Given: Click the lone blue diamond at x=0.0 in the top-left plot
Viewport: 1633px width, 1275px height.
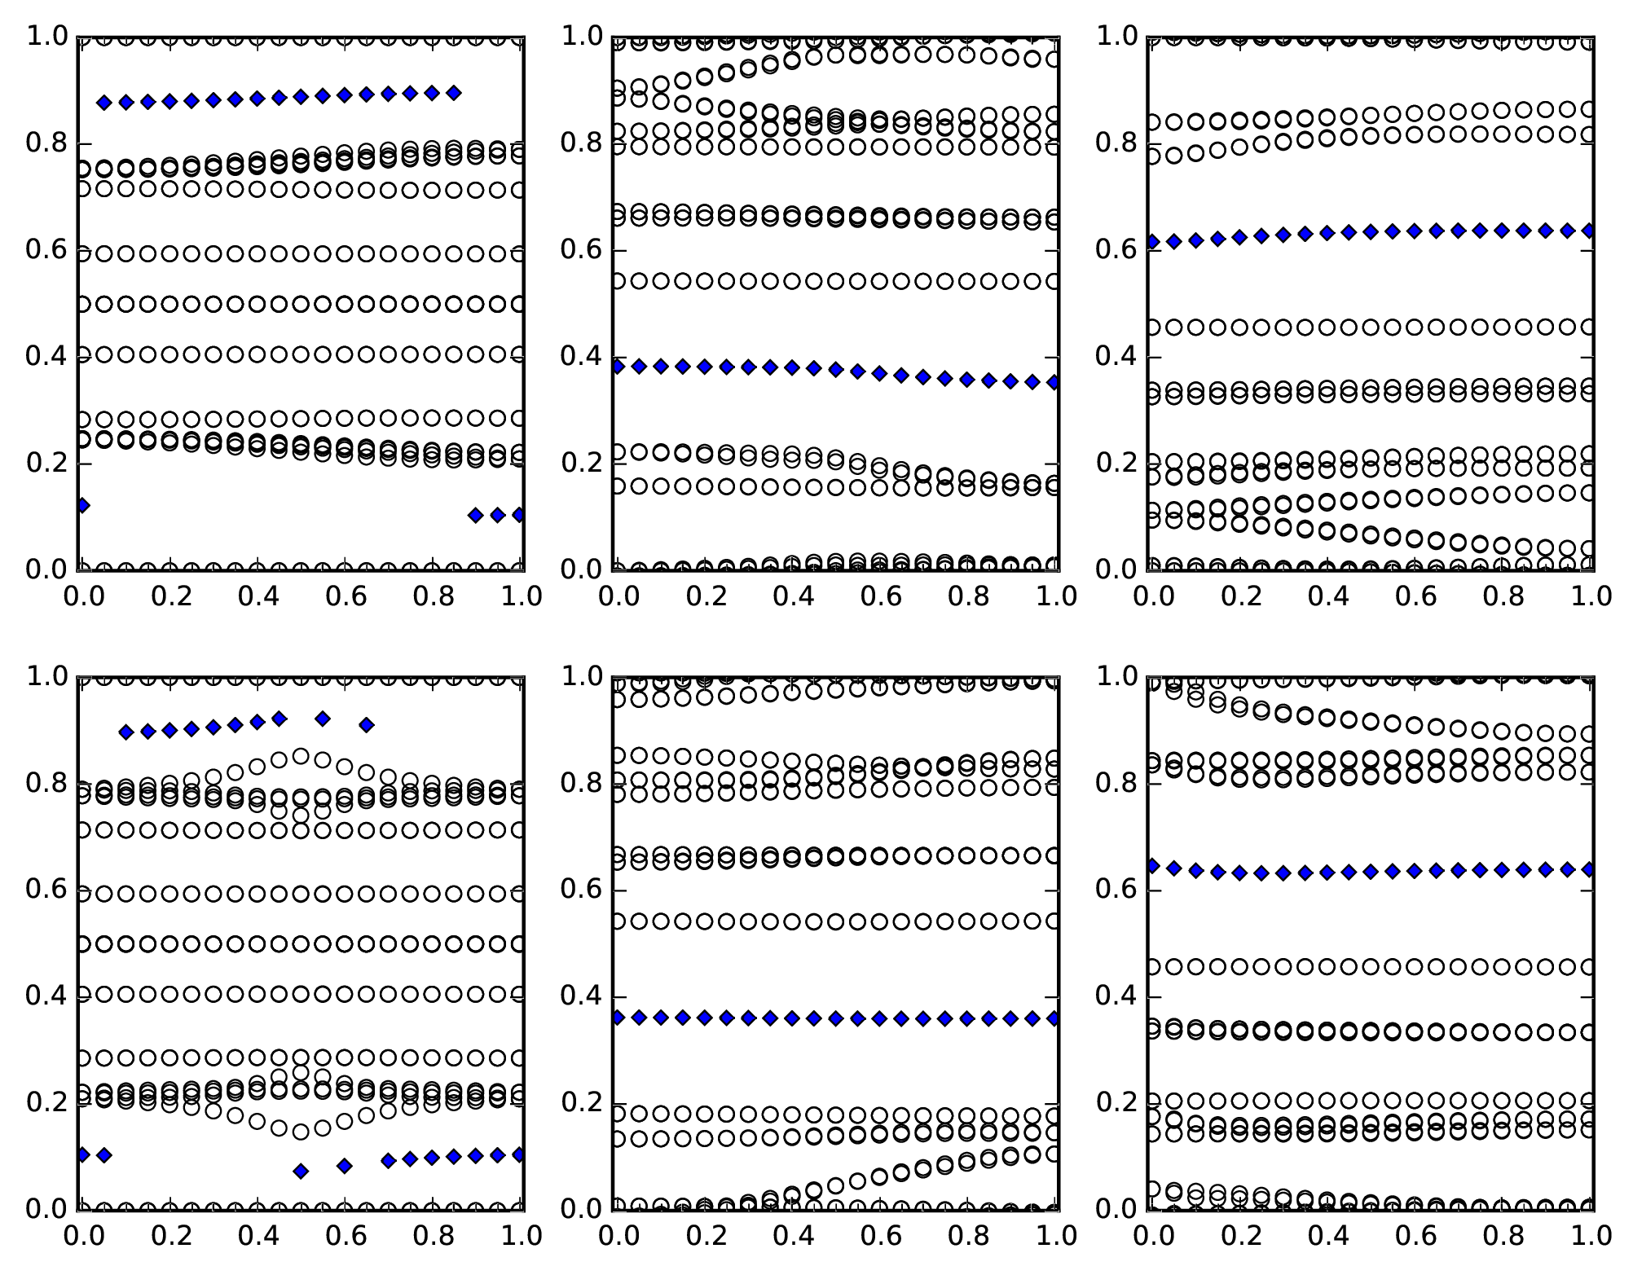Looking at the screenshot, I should (82, 505).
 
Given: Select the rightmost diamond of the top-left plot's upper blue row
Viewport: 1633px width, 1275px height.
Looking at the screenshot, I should (454, 93).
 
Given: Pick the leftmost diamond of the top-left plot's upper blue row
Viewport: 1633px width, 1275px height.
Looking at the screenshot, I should (104, 103).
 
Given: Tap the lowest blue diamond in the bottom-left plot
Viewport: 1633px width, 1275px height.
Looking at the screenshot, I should (301, 1172).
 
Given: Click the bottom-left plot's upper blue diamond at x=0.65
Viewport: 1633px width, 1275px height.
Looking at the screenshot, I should (367, 724).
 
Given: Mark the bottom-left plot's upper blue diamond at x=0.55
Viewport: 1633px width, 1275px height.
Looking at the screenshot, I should (323, 719).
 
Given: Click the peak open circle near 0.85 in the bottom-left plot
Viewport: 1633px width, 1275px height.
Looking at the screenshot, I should (301, 756).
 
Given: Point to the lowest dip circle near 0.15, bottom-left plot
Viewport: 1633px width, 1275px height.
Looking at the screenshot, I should (301, 1132).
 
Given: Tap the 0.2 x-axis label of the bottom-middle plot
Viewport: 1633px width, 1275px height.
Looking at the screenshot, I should (706, 1236).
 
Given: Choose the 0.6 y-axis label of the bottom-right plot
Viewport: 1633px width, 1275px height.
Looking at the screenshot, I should (1116, 890).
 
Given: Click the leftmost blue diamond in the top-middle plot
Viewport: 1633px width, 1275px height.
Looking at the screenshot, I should (618, 367).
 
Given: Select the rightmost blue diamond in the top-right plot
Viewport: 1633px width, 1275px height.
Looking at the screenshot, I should (1588, 231).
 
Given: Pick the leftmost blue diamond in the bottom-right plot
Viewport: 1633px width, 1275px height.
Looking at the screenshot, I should (1152, 865).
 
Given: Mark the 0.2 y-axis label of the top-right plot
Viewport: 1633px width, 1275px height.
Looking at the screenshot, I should (1116, 463).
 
